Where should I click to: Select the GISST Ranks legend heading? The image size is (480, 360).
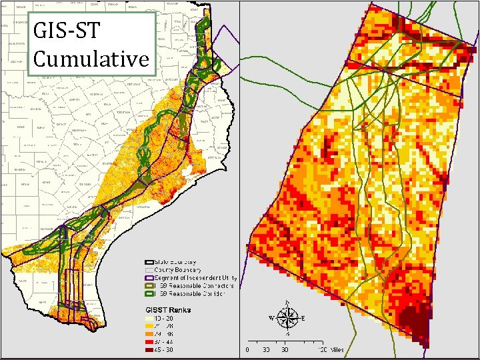tap(168, 309)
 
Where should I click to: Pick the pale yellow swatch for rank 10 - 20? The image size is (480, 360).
tap(151, 319)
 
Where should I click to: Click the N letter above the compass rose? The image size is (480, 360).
tap(287, 304)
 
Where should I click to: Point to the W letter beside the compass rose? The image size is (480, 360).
tap(271, 318)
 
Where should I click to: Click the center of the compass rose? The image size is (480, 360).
tap(287, 319)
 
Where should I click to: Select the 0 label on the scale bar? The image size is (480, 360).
tap(248, 349)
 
